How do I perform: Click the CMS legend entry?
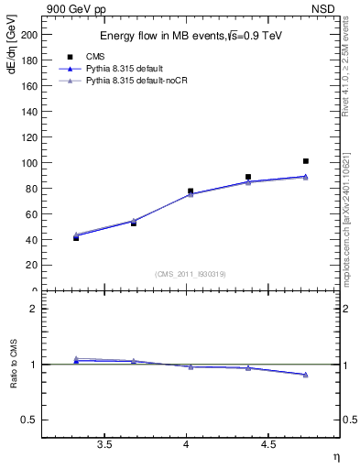click(x=94, y=57)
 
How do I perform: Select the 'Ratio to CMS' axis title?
click(x=14, y=365)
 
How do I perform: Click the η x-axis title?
click(x=335, y=455)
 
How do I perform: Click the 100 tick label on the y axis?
click(x=29, y=163)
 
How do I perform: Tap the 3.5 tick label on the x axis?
click(x=104, y=445)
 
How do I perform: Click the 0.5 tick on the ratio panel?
click(x=30, y=420)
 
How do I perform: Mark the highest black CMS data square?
click(x=306, y=161)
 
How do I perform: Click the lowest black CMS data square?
click(x=76, y=237)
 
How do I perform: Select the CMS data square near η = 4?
click(x=191, y=191)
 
